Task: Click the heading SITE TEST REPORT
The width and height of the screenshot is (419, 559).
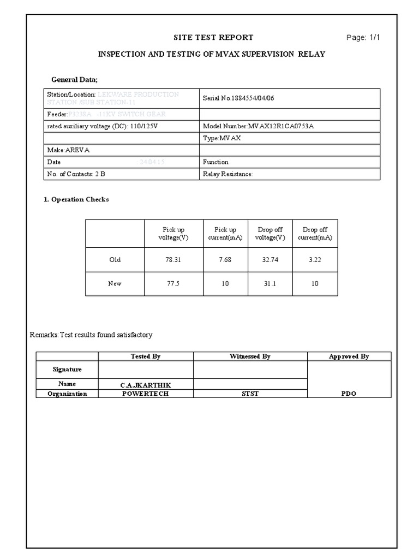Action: (213, 37)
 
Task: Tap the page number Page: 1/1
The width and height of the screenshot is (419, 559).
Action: (363, 37)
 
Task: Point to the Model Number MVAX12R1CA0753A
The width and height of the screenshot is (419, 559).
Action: (258, 126)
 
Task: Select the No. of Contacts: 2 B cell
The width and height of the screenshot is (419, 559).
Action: (76, 174)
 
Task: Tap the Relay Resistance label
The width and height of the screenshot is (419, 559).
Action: (228, 174)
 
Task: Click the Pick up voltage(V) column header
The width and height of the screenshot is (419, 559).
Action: (173, 234)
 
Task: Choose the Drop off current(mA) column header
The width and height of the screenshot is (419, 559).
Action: (315, 234)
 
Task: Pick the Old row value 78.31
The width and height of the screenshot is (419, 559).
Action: (173, 260)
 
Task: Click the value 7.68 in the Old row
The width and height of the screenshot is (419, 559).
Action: (225, 260)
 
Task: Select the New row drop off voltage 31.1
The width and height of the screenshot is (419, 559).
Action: (270, 284)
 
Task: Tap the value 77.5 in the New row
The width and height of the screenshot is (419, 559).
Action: (173, 284)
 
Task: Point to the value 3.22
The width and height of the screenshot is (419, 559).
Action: (315, 260)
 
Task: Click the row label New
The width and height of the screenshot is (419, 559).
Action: (115, 284)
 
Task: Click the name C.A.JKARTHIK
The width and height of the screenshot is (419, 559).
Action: (145, 385)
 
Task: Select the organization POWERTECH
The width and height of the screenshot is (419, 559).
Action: (145, 394)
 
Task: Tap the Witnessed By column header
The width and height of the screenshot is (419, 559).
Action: (250, 356)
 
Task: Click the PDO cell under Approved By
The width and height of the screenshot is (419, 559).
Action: (349, 394)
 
